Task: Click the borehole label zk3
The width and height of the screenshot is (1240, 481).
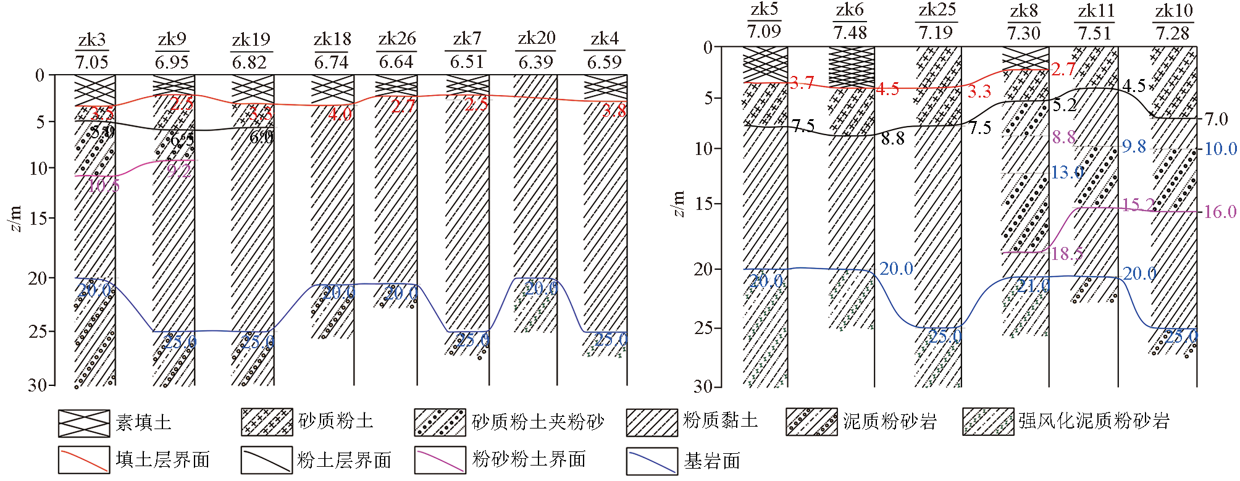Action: click(92, 40)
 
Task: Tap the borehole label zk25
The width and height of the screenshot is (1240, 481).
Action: click(937, 10)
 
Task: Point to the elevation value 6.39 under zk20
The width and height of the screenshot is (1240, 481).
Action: click(535, 62)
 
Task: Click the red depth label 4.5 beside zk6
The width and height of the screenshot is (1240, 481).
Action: click(887, 90)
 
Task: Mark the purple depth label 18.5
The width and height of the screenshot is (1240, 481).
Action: click(1067, 254)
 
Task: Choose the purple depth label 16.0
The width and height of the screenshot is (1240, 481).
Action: click(1220, 212)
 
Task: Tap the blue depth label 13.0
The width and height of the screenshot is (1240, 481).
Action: click(1067, 172)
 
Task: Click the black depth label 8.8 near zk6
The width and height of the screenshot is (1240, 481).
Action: click(892, 138)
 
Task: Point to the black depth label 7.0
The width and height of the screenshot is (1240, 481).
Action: click(1216, 119)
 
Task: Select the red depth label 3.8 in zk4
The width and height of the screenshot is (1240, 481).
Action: click(614, 111)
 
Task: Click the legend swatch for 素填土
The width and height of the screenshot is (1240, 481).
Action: click(84, 422)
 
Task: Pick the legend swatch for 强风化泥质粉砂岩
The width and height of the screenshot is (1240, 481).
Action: click(987, 422)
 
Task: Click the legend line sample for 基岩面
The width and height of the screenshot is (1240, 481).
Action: click(651, 461)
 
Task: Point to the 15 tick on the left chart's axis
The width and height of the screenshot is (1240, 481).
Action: click(40, 219)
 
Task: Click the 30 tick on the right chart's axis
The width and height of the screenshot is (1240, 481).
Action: click(703, 387)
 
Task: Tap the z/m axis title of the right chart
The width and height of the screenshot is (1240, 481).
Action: click(679, 204)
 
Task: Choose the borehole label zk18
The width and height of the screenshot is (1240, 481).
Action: click(332, 40)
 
